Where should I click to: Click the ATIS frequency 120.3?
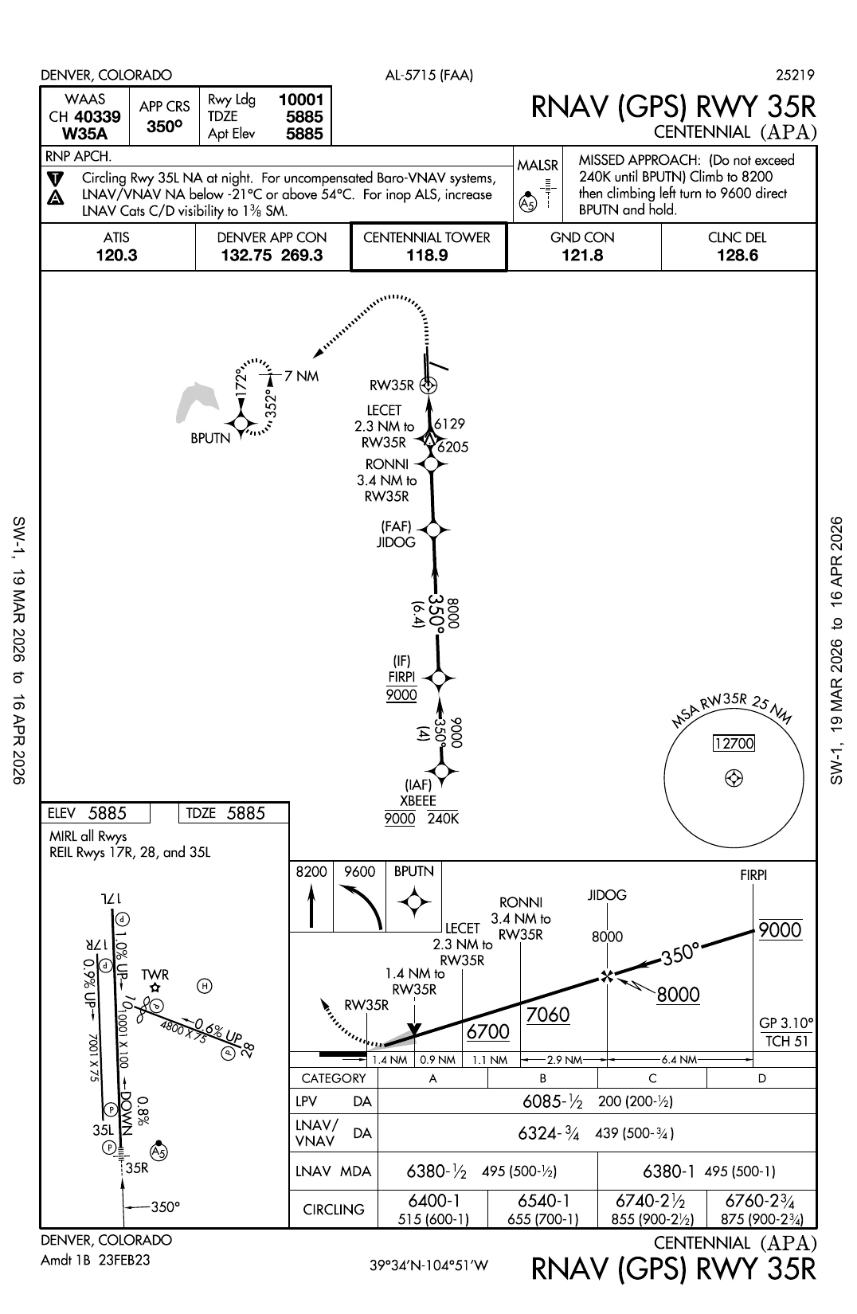coord(116,256)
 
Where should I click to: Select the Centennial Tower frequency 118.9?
coord(427,256)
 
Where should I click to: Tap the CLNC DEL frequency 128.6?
coord(737,256)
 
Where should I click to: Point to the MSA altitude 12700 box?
coord(734,744)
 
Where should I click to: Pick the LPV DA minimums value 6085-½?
coord(553,1101)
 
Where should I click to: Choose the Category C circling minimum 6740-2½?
coord(652,1201)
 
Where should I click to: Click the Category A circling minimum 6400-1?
coord(433,1201)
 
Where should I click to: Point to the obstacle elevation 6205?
coord(453,448)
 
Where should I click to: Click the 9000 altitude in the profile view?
coord(780,930)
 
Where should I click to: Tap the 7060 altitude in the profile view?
coord(548,1015)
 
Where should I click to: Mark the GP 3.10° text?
coord(786,1023)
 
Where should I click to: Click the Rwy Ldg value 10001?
coord(301,100)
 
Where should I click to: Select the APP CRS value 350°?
coord(165,126)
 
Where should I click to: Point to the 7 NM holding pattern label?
coord(301,376)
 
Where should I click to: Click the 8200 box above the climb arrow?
coord(311,872)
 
